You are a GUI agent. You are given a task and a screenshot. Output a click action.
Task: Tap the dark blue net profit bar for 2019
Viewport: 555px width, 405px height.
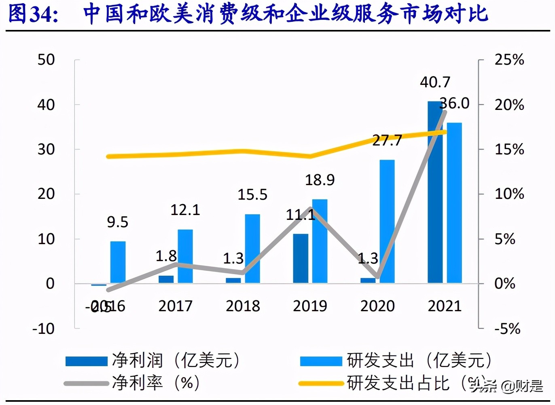pos(301,259)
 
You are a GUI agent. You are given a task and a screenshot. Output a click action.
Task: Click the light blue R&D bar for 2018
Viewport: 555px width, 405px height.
pos(252,249)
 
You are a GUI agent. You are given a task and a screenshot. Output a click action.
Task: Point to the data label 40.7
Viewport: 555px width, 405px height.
pos(435,82)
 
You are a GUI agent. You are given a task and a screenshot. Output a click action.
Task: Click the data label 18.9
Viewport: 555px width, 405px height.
pos(320,180)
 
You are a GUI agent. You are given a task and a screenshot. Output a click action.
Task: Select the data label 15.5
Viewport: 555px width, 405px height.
pos(252,195)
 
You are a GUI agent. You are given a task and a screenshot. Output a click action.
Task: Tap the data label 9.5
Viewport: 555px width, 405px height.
pos(117,222)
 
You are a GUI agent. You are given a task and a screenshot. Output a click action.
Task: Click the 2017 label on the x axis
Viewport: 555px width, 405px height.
pos(175,306)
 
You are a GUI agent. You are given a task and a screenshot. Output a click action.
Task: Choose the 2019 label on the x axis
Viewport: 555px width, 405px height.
pos(310,306)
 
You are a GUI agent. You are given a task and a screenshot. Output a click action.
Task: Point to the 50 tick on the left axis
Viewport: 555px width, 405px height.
pos(46,60)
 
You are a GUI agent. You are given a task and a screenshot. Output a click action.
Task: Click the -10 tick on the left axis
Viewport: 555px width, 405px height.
pos(43,329)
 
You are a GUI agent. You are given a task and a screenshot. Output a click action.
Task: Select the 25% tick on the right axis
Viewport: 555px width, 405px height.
pos(509,60)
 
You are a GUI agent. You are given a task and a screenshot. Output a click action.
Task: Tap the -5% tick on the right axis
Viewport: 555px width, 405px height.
pos(507,329)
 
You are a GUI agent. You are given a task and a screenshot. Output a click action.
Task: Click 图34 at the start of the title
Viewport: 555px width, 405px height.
pos(33,14)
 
